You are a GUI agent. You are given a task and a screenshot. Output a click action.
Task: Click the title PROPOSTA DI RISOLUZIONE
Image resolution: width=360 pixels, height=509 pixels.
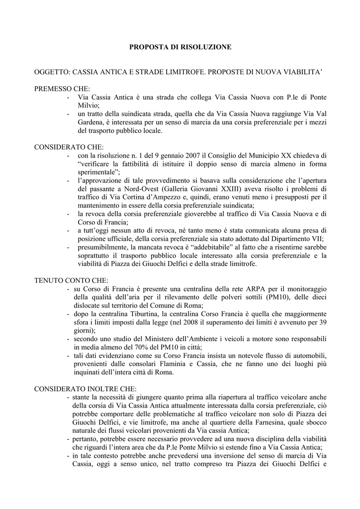click(x=180, y=47)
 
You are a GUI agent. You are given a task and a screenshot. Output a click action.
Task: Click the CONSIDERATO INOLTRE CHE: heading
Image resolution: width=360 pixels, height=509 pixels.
click(x=85, y=388)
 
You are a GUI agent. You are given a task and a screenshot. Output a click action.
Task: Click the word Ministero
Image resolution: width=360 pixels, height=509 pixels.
click(x=146, y=339)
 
